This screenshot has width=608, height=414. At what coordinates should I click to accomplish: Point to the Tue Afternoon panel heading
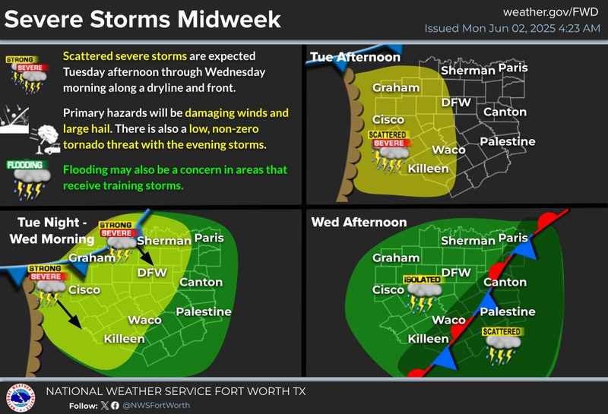[355, 58]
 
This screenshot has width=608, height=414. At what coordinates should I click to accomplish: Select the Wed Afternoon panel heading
[359, 223]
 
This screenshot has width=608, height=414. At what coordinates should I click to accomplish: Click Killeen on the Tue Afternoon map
[429, 168]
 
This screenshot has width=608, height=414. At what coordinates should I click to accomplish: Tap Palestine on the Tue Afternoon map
[508, 141]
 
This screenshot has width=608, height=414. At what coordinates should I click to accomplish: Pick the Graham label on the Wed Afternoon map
[396, 258]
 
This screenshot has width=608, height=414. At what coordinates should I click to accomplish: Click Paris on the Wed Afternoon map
[513, 239]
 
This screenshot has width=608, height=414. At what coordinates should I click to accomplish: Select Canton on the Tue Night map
[201, 282]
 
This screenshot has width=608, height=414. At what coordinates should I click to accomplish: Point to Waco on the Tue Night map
[144, 320]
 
